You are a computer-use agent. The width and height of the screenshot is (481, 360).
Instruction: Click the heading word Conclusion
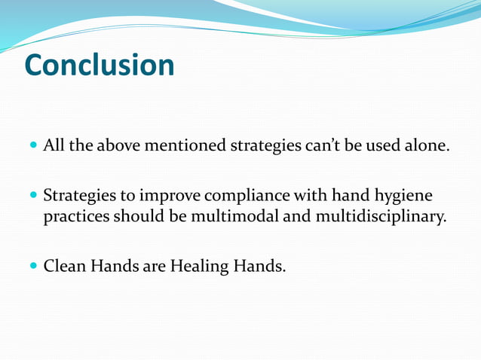click(99, 66)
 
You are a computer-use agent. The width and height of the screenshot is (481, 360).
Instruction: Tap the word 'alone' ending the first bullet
click(426, 145)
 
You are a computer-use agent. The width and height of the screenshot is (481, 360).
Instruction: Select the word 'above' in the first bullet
click(119, 145)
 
